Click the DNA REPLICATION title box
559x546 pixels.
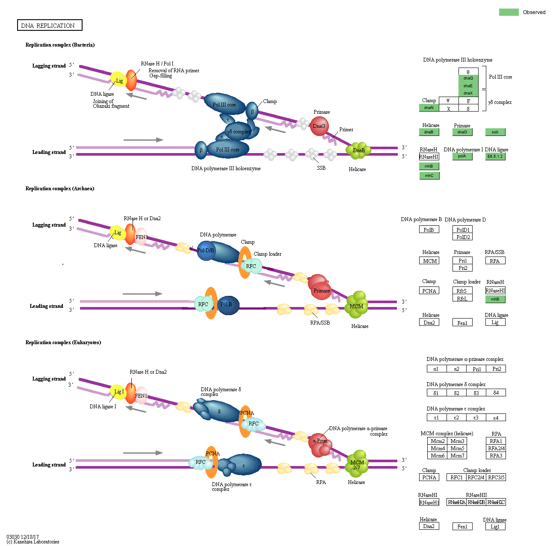coord(50,25)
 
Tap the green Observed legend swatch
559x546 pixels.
coord(509,12)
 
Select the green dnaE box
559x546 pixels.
coord(468,86)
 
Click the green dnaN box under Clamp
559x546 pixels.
coord(429,108)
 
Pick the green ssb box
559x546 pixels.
coord(495,132)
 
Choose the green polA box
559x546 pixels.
coord(462,156)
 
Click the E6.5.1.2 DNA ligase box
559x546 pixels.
coord(495,156)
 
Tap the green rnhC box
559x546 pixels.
coord(429,175)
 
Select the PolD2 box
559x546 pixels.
coord(462,237)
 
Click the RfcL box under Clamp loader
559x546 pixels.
coord(462,298)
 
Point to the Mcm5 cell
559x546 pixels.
coord(457,449)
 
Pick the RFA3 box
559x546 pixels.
coord(496,456)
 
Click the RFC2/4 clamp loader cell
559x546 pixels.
coord(476,478)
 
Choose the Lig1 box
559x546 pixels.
coord(495,527)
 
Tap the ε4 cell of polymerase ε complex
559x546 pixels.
coord(496,418)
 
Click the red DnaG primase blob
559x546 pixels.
coord(319,126)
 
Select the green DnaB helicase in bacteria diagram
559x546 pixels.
coord(358,150)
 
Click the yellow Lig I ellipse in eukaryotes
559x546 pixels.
coord(118,392)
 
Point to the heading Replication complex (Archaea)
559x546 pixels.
coord(60,189)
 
